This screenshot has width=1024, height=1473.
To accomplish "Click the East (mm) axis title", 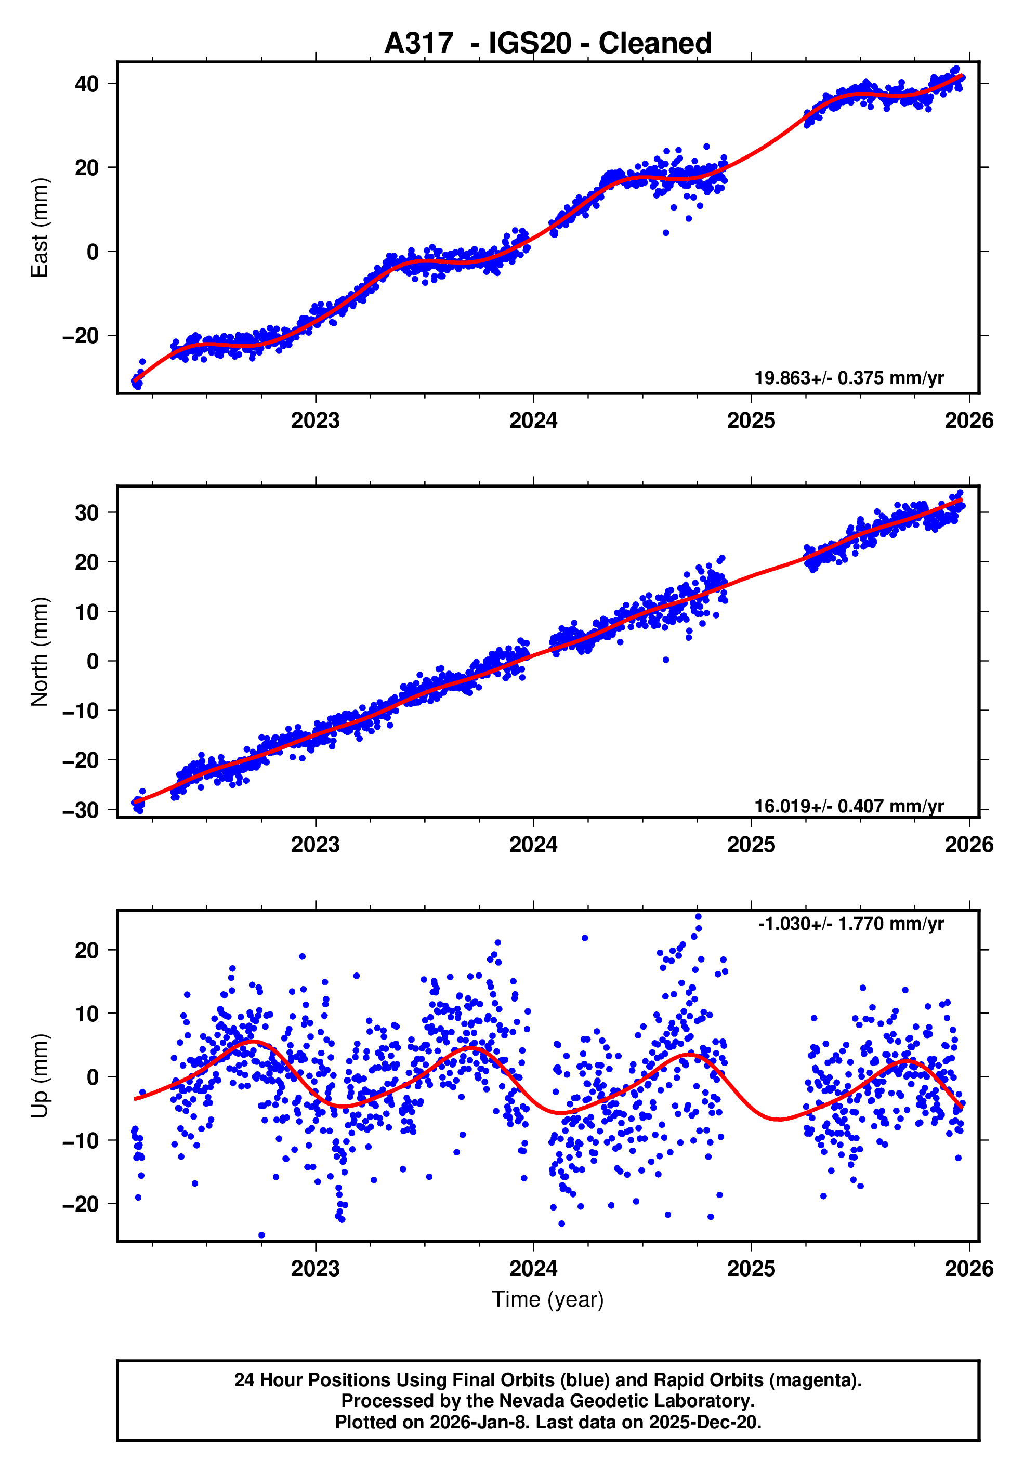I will tap(40, 228).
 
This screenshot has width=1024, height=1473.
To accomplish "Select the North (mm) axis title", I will tap(40, 652).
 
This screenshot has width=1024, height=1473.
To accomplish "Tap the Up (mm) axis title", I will tap(40, 1076).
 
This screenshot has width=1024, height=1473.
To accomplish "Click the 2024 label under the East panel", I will tap(533, 421).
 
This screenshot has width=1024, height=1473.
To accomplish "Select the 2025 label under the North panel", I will tap(751, 845).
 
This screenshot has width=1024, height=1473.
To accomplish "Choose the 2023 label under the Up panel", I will tap(315, 1269).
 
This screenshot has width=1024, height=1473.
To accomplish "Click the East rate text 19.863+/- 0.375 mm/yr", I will tap(848, 378).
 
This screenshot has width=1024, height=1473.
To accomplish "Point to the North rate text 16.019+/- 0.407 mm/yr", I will tap(848, 807).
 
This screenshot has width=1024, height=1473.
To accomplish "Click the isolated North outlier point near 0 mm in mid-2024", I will tap(666, 660).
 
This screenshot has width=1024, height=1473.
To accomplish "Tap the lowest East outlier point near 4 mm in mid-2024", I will tap(666, 233).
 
